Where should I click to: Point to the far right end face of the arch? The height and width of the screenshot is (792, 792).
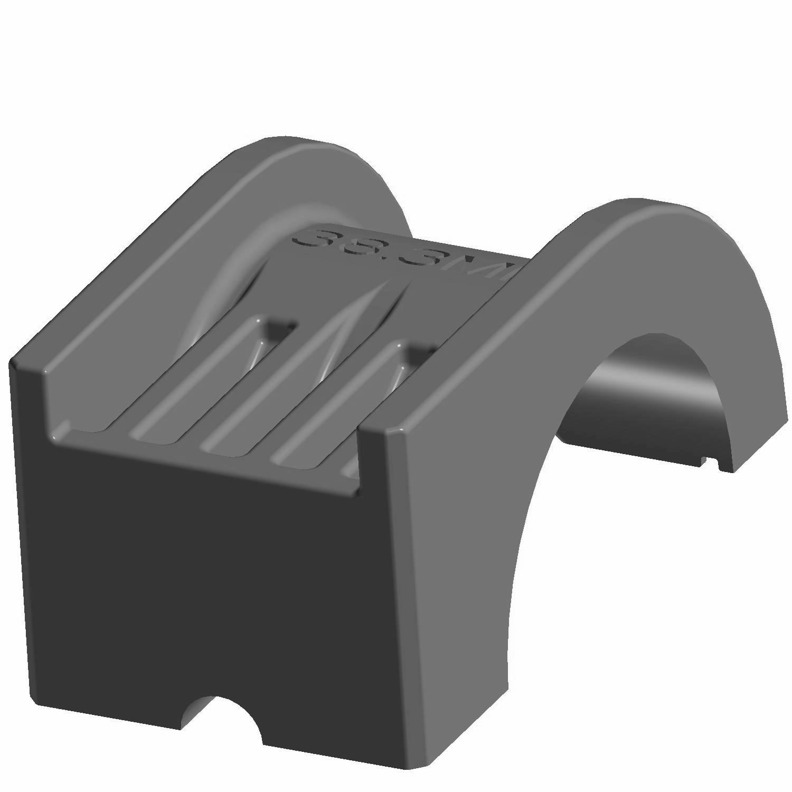pyautogui.click(x=760, y=444)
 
